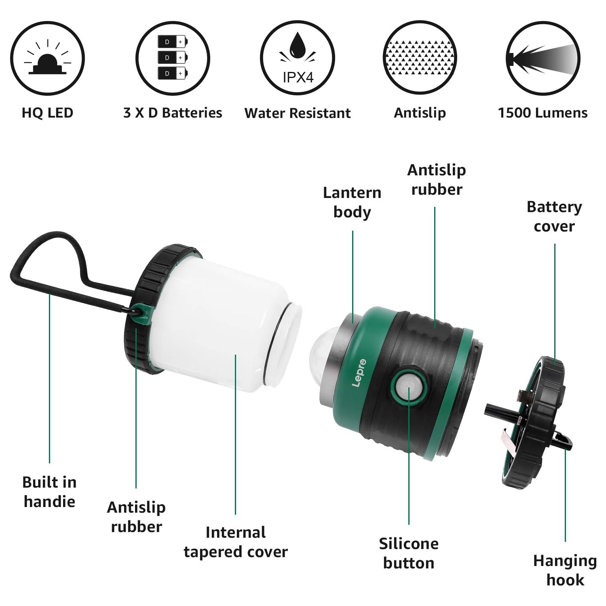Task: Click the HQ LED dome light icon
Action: [x=47, y=59]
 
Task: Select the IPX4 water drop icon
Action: [x=298, y=59]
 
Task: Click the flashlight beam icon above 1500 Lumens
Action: [x=543, y=59]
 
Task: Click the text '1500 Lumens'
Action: [x=543, y=113]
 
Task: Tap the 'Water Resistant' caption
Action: [x=298, y=113]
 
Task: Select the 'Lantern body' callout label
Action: [x=352, y=202]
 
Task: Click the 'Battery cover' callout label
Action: [x=554, y=216]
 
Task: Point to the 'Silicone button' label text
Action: [x=408, y=553]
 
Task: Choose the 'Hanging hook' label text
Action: [x=565, y=570]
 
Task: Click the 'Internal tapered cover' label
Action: [x=236, y=542]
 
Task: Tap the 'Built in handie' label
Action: [x=49, y=492]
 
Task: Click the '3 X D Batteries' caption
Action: [x=173, y=113]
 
